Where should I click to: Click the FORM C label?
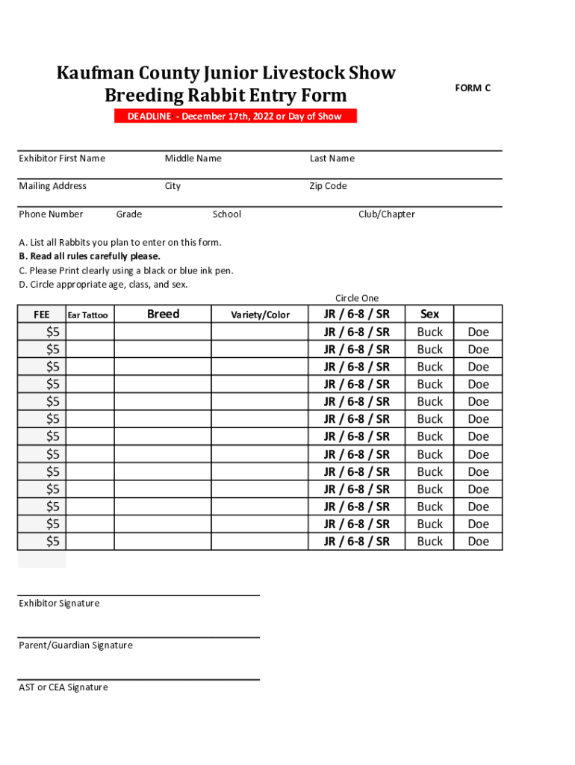point(473,88)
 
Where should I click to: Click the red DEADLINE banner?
point(235,116)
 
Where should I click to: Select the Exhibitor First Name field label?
point(62,158)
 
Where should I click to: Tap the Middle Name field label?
point(193,158)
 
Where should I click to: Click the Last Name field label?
point(332,158)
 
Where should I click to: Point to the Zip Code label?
point(328,186)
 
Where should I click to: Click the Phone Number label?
point(51,214)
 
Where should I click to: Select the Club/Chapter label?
point(386,214)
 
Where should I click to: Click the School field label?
point(226,214)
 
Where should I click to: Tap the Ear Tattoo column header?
point(88,315)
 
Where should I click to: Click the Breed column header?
point(163,314)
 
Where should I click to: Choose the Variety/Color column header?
point(260,315)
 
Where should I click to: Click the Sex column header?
point(430,314)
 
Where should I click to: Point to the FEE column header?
point(42,315)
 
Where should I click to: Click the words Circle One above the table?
point(357,298)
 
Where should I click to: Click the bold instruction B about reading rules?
point(90,256)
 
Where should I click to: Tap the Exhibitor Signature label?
point(59,604)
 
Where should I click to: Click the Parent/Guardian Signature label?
point(75,645)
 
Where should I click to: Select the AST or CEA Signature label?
point(63,687)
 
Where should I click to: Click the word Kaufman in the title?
point(96,73)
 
